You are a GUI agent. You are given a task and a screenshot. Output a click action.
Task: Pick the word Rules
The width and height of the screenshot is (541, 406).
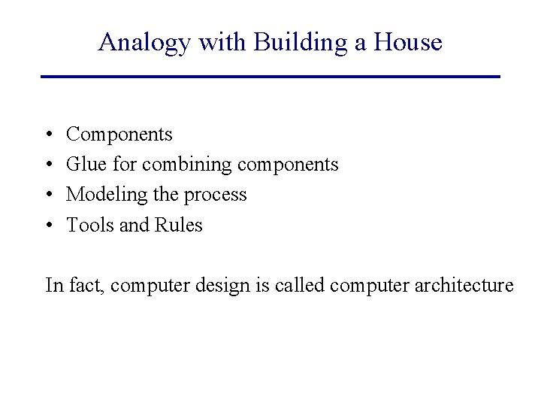pyautogui.click(x=178, y=225)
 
